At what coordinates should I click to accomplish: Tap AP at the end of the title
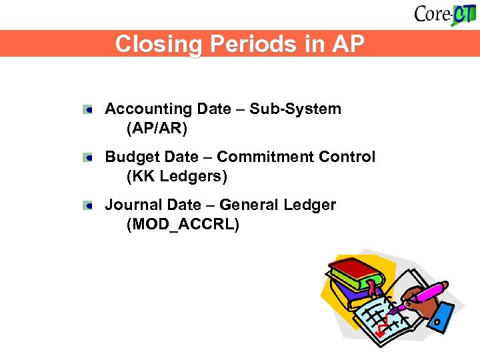[x=347, y=44]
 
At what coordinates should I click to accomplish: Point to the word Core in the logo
[x=432, y=14]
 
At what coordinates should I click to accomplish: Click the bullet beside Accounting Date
[x=88, y=109]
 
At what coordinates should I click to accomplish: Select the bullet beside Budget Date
[x=88, y=157]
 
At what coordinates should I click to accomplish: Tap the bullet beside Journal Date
[x=88, y=205]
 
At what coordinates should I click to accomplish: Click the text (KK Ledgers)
[x=177, y=176]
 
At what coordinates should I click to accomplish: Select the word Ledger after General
[x=312, y=205]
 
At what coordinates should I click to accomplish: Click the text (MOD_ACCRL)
[x=182, y=224]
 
